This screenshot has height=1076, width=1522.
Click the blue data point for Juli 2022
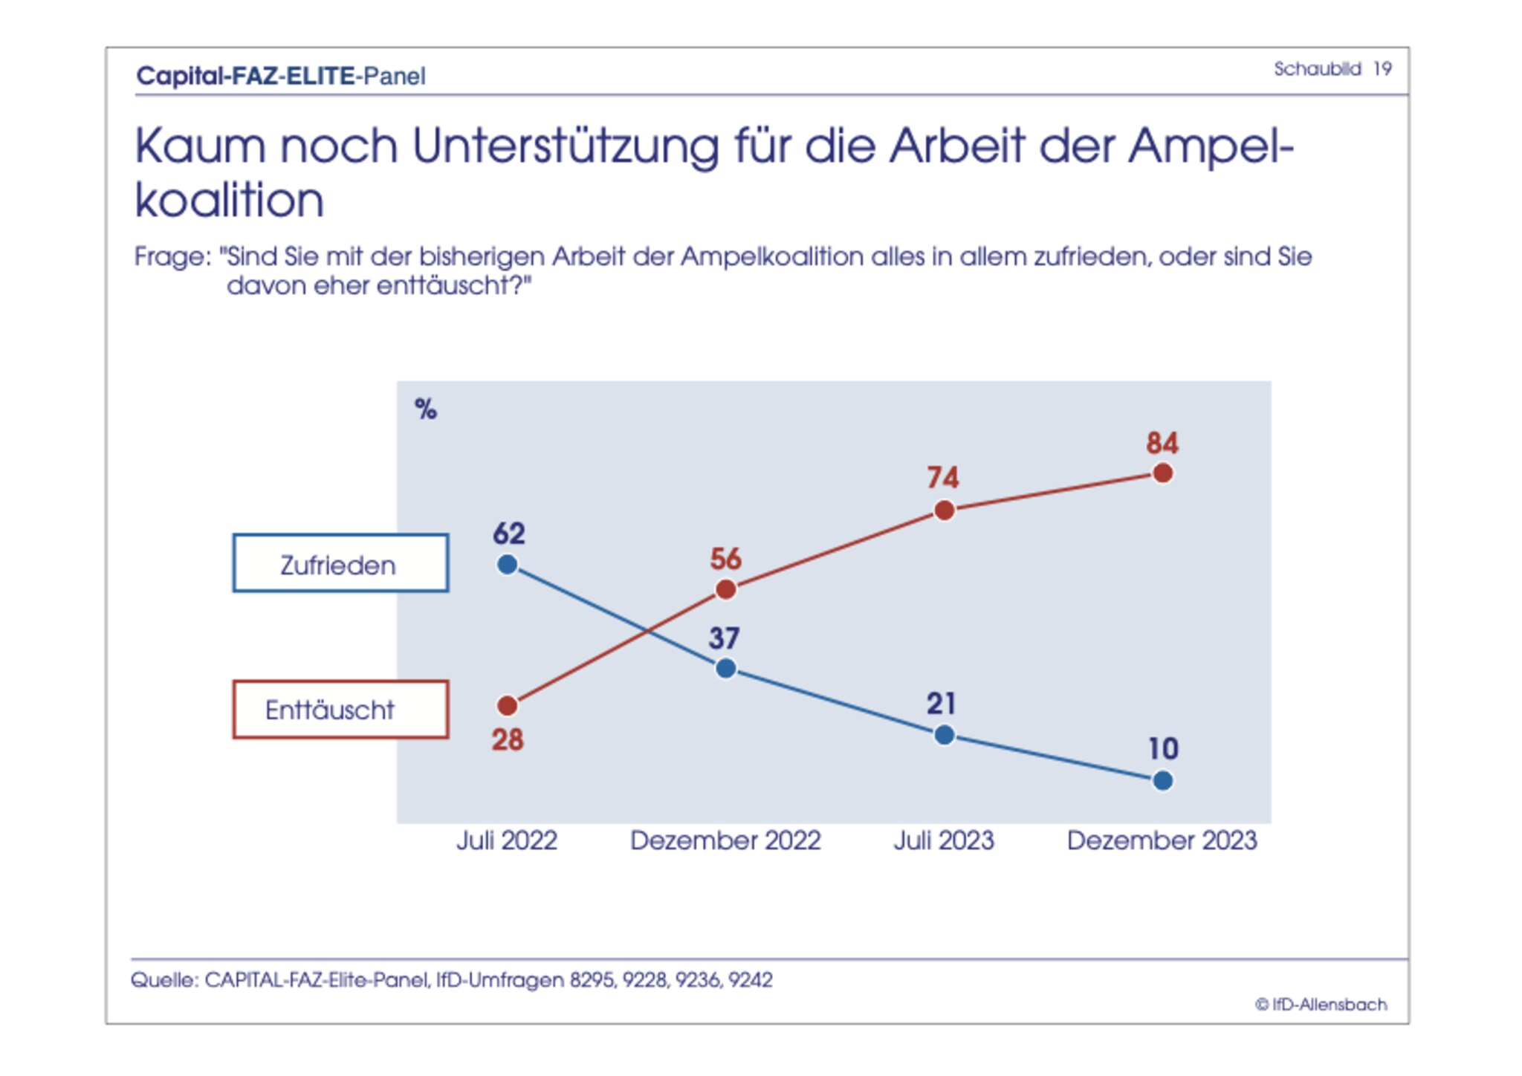pyautogui.click(x=507, y=565)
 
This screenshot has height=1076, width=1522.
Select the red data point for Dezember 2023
pyautogui.click(x=1162, y=473)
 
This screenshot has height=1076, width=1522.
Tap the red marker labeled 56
pyautogui.click(x=725, y=590)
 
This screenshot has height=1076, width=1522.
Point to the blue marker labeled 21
pyautogui.click(x=944, y=735)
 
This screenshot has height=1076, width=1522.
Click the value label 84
pyautogui.click(x=1162, y=443)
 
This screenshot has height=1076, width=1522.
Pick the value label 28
pyautogui.click(x=508, y=740)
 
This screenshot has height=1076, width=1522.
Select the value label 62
pyautogui.click(x=508, y=534)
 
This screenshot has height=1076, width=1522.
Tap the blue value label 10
pyautogui.click(x=1163, y=748)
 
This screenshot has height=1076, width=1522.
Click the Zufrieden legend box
pyautogui.click(x=340, y=563)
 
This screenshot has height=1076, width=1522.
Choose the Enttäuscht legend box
pyautogui.click(x=340, y=710)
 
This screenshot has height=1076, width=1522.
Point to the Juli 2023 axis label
pyautogui.click(x=943, y=840)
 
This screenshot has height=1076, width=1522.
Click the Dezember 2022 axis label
pyautogui.click(x=725, y=840)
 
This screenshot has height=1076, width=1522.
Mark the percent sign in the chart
pyautogui.click(x=426, y=409)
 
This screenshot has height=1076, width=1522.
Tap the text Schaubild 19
pyautogui.click(x=1332, y=69)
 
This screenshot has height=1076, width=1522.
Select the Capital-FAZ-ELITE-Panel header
pyautogui.click(x=281, y=76)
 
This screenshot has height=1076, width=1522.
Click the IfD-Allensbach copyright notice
pyautogui.click(x=1321, y=1005)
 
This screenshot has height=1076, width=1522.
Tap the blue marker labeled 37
pyautogui.click(x=725, y=669)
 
